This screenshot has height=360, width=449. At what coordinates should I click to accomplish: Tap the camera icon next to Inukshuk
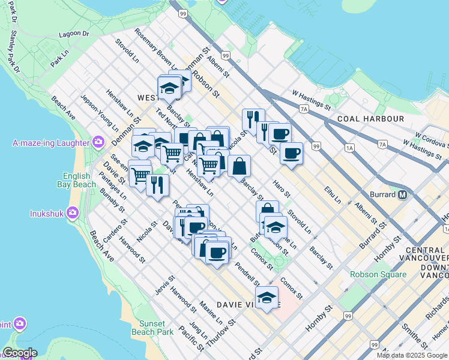pyautogui.click(x=73, y=213)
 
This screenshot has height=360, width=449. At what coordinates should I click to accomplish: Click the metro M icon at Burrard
pyautogui.click(x=403, y=194)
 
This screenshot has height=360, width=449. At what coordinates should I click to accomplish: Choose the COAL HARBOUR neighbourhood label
pyautogui.click(x=370, y=119)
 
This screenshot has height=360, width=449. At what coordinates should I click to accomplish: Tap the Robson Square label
pyautogui.click(x=379, y=275)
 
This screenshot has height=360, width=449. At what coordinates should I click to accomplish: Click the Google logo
pyautogui.click(x=20, y=353)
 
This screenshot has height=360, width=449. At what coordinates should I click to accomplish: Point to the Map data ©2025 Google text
pyautogui.click(x=411, y=355)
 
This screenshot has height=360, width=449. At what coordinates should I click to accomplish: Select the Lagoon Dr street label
pyautogui.click(x=74, y=35)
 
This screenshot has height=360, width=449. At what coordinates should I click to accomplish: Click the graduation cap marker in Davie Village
pyautogui.click(x=267, y=296)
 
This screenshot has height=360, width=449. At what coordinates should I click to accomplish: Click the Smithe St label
pyautogui.click(x=414, y=337)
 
